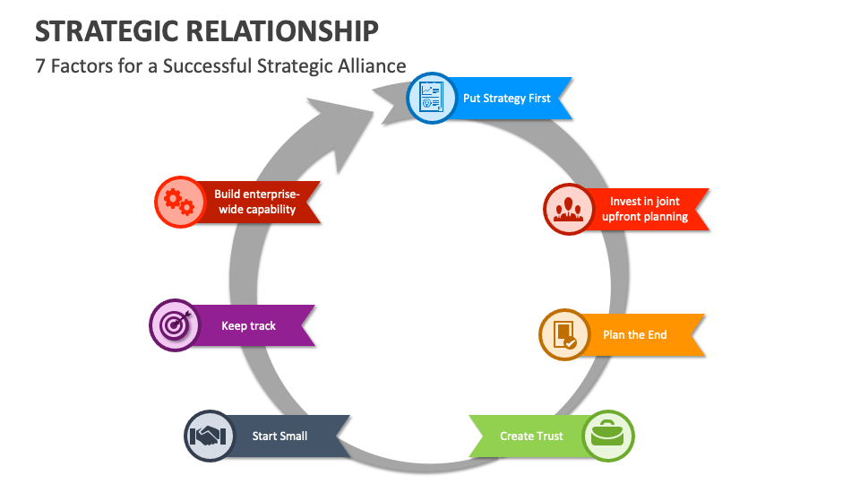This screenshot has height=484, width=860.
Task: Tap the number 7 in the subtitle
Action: (40, 66)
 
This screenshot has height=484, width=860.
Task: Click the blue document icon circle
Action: (432, 99)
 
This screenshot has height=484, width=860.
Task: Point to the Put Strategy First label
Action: (507, 99)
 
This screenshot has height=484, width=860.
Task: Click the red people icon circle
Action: (569, 209)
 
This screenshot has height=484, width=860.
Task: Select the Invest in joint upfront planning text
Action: (645, 209)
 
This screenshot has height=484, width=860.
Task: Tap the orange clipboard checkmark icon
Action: (564, 334)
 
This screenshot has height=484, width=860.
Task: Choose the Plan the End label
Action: (635, 334)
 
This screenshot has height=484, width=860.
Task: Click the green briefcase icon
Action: (608, 436)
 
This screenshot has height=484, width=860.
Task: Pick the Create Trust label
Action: (531, 436)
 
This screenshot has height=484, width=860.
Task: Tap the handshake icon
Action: (209, 436)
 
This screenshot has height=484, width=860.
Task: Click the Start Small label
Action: (279, 436)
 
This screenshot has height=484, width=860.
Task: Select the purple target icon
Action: (174, 324)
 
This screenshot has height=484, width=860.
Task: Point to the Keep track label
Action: (249, 325)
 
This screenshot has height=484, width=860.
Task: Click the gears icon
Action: (179, 202)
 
